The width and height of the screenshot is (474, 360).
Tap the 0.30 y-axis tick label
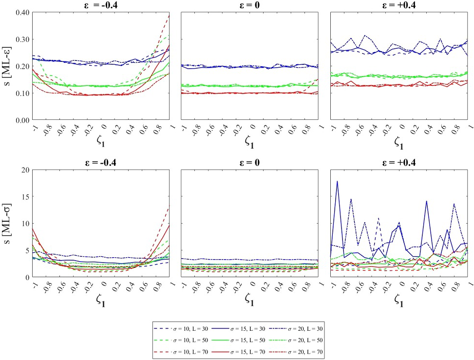click(x=19, y=39)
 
